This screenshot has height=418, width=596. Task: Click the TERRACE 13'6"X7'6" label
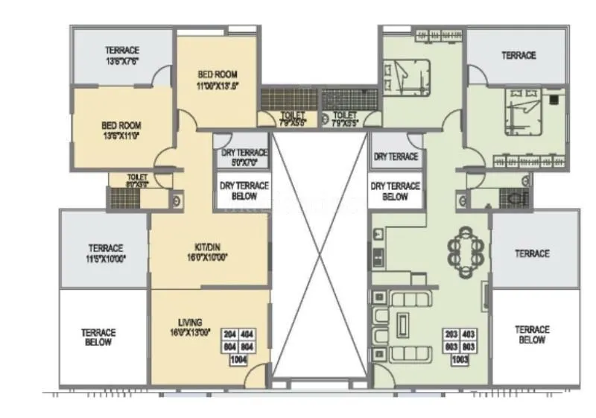(x=122, y=55)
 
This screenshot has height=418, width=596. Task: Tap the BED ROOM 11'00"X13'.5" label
(x=218, y=80)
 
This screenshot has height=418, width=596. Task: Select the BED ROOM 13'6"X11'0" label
(x=121, y=131)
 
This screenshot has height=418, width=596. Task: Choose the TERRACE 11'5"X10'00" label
(x=105, y=253)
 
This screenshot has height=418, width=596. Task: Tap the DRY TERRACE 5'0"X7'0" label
(x=244, y=156)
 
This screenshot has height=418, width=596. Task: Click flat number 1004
(x=238, y=361)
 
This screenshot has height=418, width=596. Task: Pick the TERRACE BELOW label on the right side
(x=532, y=335)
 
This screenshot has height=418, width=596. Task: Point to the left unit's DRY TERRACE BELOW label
(x=244, y=191)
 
